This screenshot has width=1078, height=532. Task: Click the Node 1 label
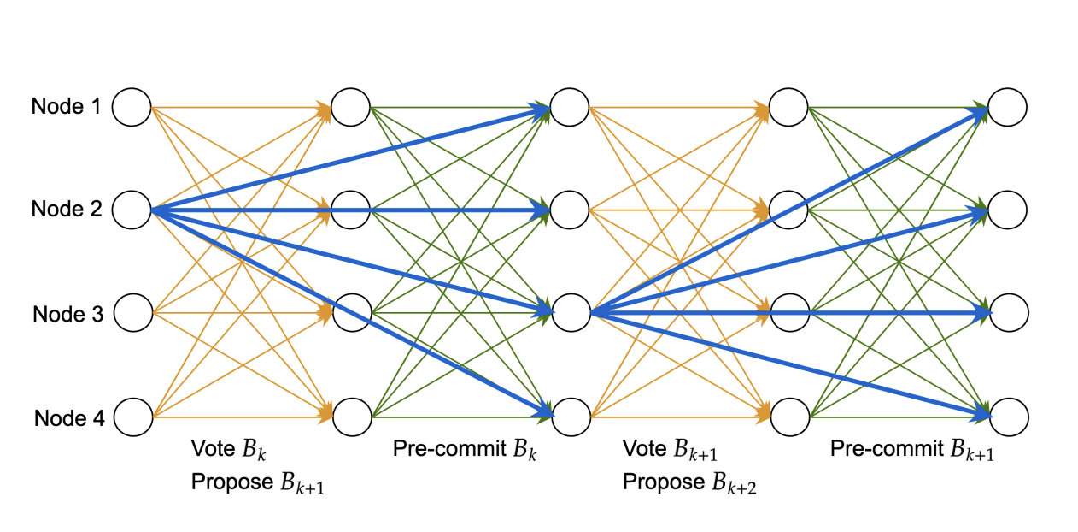coord(66,107)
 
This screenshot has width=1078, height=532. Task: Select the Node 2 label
coord(66,209)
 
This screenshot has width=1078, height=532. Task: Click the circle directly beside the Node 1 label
coord(132,107)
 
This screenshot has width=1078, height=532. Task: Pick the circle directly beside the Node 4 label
coord(132,417)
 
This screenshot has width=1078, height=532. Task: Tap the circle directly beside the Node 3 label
coord(132,313)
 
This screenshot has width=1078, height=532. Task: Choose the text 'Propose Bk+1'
coord(257,483)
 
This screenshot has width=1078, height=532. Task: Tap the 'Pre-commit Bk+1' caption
coord(912,450)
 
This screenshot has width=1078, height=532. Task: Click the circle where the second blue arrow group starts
coord(571,313)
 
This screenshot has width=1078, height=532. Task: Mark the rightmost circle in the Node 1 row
coord(1008,107)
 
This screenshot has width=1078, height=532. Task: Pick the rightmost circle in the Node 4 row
coord(1008,417)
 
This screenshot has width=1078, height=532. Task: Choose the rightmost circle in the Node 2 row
coord(1008,210)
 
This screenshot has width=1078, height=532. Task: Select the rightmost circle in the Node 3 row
coord(1008,313)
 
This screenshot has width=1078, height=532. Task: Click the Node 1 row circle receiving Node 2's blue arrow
coord(570,107)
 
